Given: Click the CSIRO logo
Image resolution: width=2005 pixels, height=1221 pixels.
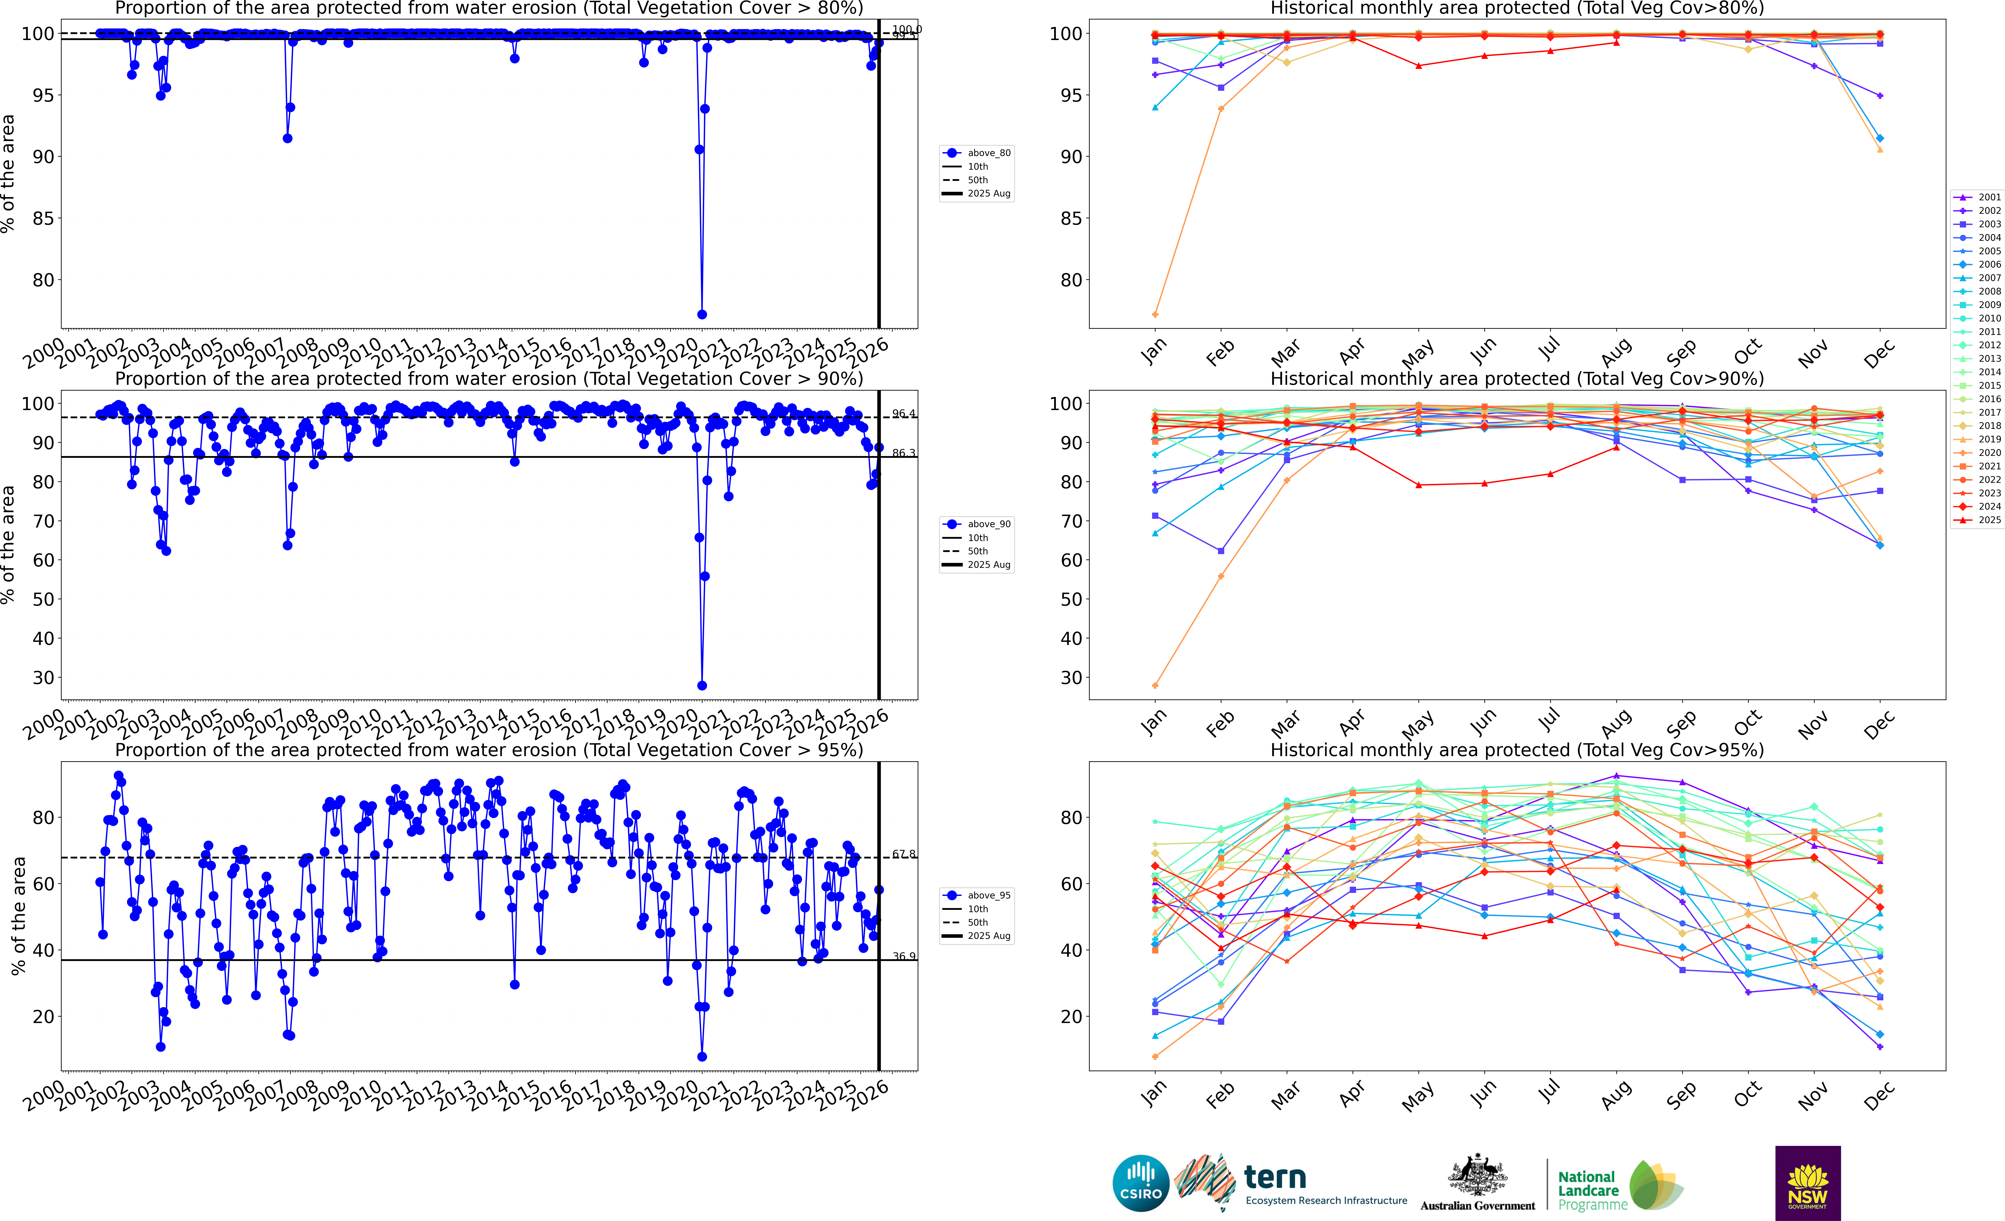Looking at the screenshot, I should [x=1141, y=1183].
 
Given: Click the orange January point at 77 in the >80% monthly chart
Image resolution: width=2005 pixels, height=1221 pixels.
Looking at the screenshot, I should [x=1156, y=314].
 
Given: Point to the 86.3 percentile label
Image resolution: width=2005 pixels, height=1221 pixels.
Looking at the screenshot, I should [x=903, y=453].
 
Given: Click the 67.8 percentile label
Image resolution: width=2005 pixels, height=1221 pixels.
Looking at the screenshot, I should [x=903, y=854].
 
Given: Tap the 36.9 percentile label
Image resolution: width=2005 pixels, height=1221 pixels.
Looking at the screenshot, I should [x=903, y=956].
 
